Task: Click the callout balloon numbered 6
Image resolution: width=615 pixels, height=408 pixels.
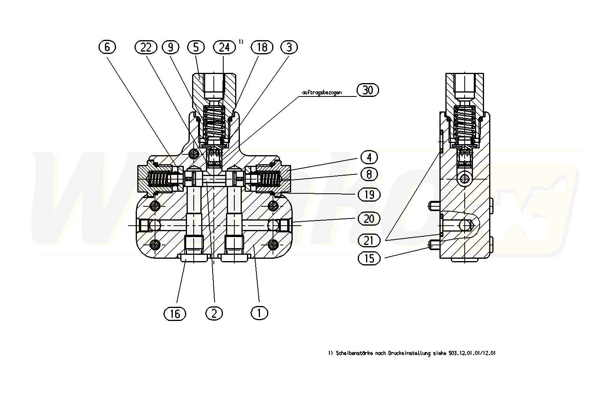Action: (x=107, y=47)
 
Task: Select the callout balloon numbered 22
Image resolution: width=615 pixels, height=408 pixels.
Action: (x=146, y=47)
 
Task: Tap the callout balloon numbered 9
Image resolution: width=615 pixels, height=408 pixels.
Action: (x=170, y=47)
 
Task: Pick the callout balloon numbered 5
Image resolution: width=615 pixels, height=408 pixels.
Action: (x=196, y=47)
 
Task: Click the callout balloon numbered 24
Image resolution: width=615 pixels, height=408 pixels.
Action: (x=224, y=47)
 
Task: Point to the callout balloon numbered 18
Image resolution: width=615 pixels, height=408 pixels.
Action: (x=262, y=47)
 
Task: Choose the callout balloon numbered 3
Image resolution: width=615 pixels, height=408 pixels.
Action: (x=289, y=47)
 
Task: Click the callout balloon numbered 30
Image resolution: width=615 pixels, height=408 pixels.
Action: (x=367, y=90)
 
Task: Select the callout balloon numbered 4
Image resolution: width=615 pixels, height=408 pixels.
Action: (x=369, y=158)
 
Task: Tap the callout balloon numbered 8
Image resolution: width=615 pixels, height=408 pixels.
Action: (x=369, y=174)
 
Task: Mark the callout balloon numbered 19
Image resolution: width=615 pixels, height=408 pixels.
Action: (x=369, y=194)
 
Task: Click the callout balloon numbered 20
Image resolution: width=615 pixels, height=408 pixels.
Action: (x=369, y=218)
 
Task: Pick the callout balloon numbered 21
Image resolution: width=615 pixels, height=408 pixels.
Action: (x=369, y=240)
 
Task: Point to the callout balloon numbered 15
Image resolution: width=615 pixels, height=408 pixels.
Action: (x=369, y=258)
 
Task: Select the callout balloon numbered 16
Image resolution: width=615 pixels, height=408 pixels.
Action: (x=175, y=313)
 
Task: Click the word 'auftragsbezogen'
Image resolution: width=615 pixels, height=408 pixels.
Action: (x=322, y=93)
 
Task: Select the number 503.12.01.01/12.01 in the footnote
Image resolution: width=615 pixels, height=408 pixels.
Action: (x=472, y=353)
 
